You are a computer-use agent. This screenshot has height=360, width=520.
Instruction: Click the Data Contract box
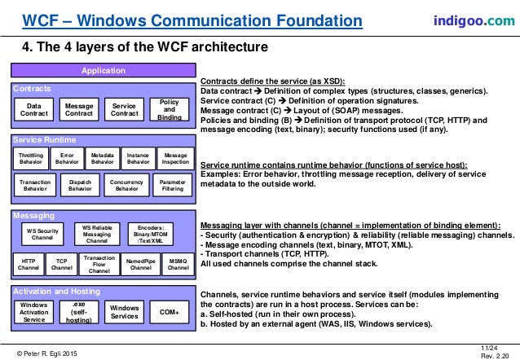[34, 111]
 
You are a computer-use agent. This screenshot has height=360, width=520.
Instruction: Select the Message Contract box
[79, 111]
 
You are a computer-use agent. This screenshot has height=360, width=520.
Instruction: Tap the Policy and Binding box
[170, 111]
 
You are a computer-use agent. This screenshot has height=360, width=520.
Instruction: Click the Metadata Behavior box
[102, 157]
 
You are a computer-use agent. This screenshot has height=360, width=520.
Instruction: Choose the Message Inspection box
[175, 157]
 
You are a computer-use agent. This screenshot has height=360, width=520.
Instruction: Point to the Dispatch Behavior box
[80, 185]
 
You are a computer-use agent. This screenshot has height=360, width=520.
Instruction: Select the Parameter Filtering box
[171, 185]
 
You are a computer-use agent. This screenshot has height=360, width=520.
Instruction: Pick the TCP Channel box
[61, 263]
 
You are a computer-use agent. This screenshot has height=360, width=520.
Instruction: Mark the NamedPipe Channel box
[141, 263]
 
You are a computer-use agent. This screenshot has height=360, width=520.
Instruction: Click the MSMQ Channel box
[178, 263]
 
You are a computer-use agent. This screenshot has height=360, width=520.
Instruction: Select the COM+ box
[169, 312]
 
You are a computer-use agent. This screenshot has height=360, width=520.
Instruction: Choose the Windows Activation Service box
[34, 312]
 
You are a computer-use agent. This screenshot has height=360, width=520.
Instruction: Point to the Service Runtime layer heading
[41, 140]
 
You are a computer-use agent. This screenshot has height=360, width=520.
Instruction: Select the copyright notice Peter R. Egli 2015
[55, 350]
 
